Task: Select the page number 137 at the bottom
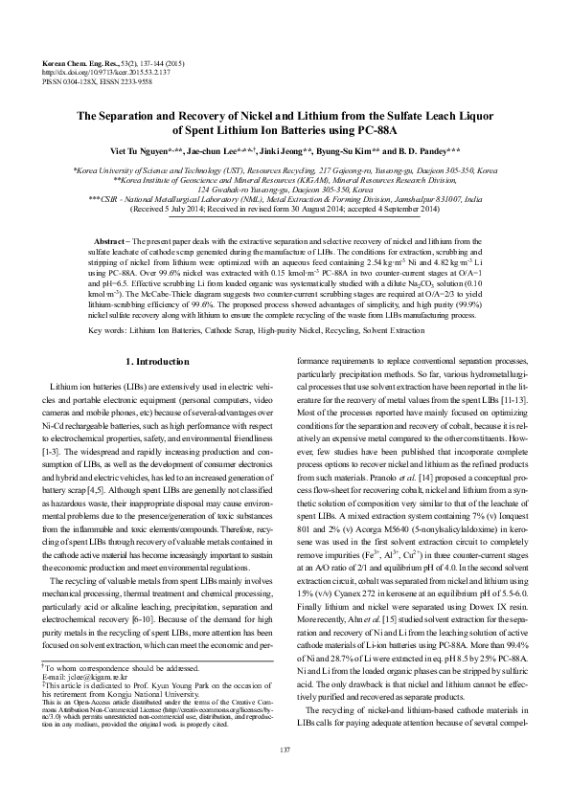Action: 285,774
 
